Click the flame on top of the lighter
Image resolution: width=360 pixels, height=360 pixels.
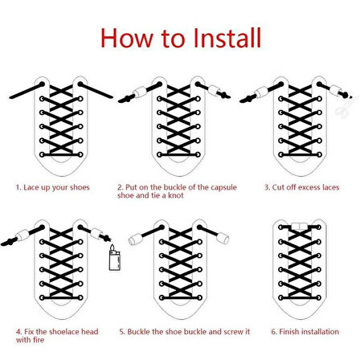(112, 247)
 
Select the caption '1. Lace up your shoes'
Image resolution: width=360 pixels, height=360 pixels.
(52, 187)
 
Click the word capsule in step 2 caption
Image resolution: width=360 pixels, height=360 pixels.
(223, 187)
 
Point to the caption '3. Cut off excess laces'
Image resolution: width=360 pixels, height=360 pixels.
(302, 187)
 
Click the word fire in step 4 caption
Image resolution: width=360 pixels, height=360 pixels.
(39, 340)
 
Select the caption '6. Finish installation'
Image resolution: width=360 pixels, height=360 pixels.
(305, 332)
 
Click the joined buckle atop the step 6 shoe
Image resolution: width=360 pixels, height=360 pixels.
(300, 227)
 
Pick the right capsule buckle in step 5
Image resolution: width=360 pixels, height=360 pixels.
(223, 238)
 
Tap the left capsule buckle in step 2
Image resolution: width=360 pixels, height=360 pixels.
(140, 92)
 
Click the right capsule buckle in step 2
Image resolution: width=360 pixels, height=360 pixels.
(214, 91)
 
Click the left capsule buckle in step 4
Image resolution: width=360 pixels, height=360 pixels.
(22, 235)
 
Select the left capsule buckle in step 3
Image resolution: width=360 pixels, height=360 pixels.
(261, 92)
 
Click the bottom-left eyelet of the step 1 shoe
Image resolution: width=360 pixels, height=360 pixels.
(42, 154)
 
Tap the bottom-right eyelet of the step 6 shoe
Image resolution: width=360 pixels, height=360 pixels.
(319, 297)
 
